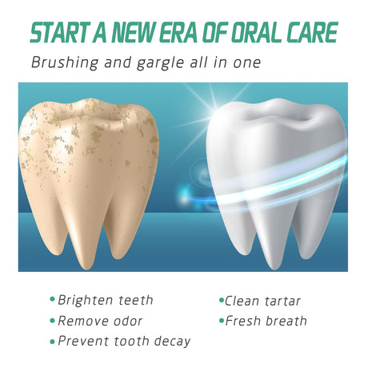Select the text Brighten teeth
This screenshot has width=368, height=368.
[105, 300]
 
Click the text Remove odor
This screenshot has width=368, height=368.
[100, 321]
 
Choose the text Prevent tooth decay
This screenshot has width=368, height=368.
[124, 342]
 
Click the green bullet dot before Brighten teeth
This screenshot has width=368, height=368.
[52, 301]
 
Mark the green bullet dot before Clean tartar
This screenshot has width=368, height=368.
[220, 301]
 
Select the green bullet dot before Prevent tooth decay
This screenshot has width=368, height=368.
[52, 342]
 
